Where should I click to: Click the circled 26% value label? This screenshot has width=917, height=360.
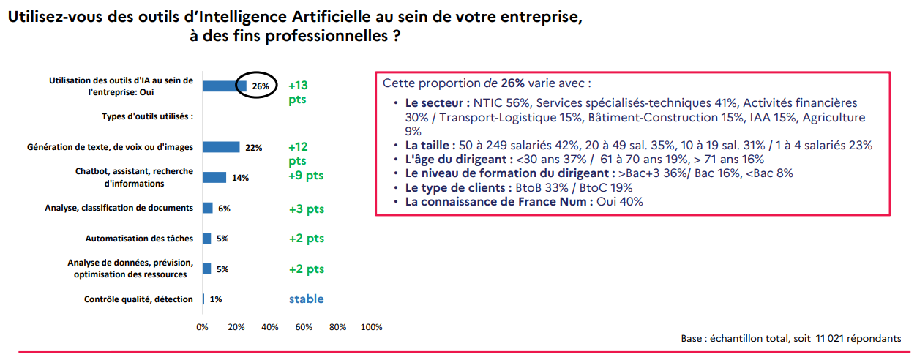pyautogui.click(x=261, y=86)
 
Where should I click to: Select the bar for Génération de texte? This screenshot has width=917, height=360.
pyautogui.click(x=221, y=147)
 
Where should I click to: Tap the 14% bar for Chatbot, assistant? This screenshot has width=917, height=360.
pyautogui.click(x=214, y=177)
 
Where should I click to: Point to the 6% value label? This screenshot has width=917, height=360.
pyautogui.click(x=224, y=209)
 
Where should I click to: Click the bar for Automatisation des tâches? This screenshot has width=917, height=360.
pyautogui.click(x=207, y=239)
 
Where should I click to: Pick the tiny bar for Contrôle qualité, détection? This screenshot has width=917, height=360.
pyautogui.click(x=203, y=299)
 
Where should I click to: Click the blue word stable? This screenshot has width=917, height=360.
pyautogui.click(x=306, y=299)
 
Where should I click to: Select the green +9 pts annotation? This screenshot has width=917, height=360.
pyautogui.click(x=306, y=176)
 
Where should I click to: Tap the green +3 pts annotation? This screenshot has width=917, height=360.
pyautogui.click(x=306, y=209)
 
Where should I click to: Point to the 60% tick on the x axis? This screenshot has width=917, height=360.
pyautogui.click(x=304, y=327)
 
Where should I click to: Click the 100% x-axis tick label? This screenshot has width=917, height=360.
pyautogui.click(x=372, y=327)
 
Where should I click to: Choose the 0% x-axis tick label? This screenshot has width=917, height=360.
pyautogui.click(x=203, y=327)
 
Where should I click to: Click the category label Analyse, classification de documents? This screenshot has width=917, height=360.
pyautogui.click(x=119, y=208)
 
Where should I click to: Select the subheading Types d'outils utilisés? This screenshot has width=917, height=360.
pyautogui.click(x=148, y=116)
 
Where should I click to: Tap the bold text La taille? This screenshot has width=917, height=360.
pyautogui.click(x=430, y=145)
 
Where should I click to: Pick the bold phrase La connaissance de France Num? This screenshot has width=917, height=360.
pyautogui.click(x=499, y=201)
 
